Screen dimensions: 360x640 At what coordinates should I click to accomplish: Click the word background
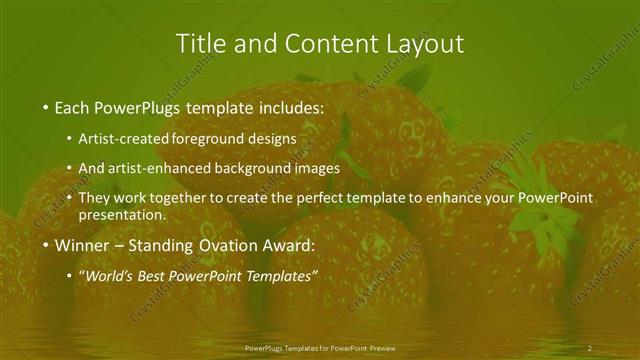(x=249, y=168)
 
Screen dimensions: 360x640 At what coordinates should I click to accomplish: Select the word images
(x=315, y=168)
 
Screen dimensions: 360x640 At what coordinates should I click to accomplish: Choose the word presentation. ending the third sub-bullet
(x=122, y=214)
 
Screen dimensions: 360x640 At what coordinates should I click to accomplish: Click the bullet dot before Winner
(x=46, y=245)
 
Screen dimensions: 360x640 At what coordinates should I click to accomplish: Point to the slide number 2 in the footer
(x=590, y=347)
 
